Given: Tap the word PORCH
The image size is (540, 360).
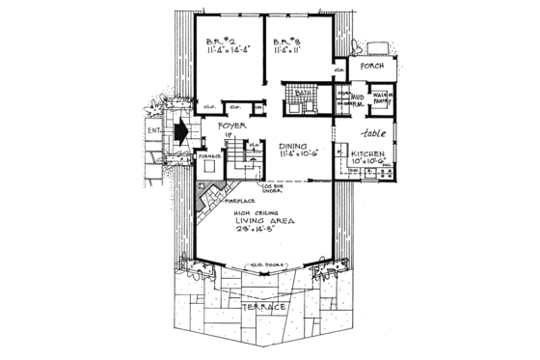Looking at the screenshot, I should [372, 68].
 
